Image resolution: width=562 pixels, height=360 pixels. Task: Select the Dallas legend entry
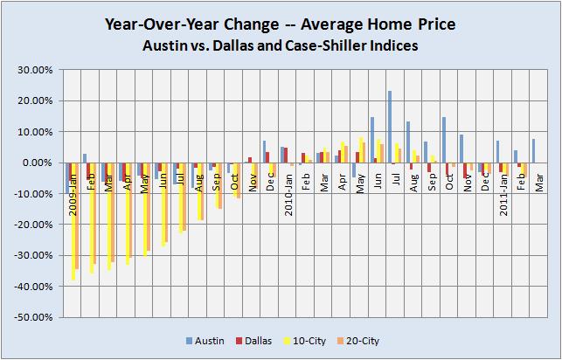pyautogui.click(x=281, y=340)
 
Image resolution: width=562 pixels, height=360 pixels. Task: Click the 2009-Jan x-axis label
pyautogui.click(x=72, y=181)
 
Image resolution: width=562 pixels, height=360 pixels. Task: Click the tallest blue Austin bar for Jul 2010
pyautogui.click(x=389, y=127)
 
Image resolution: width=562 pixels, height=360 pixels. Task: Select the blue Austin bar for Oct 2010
pyautogui.click(x=443, y=140)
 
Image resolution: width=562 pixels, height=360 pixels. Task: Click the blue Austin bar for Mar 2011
pyautogui.click(x=533, y=150)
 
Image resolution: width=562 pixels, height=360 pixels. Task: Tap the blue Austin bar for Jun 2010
pyautogui.click(x=371, y=140)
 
